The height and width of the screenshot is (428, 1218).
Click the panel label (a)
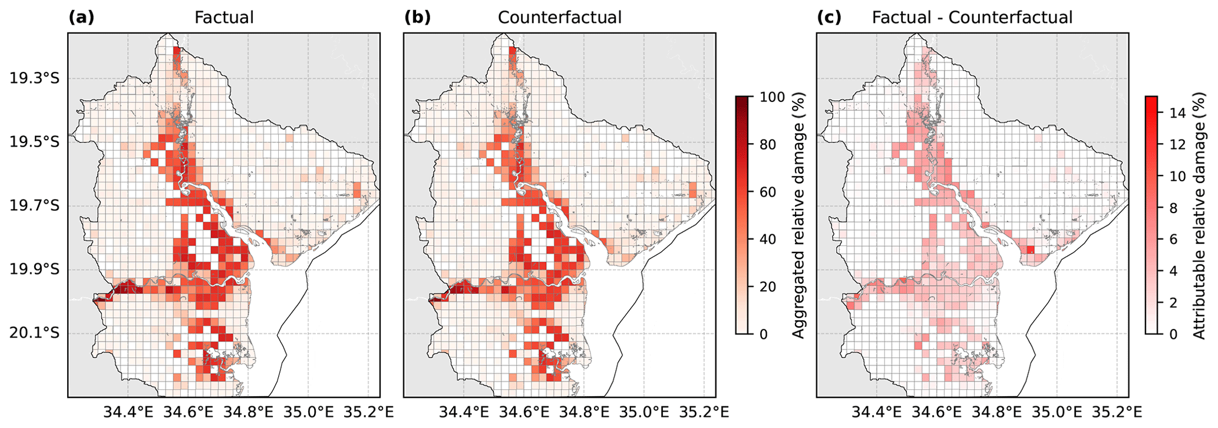pos(81,18)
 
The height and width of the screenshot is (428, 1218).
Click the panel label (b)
pos(417,18)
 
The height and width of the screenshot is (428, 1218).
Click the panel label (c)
pos(829,18)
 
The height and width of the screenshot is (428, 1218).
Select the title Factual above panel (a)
pos(224,18)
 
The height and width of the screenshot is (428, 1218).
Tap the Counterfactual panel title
pos(560,18)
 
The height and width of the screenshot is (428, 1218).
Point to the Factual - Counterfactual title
pos(972,18)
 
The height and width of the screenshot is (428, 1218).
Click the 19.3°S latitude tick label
pos(35,79)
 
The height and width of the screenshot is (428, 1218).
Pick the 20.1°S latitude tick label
pos(35,334)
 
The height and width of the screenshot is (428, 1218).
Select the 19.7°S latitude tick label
pos(35,207)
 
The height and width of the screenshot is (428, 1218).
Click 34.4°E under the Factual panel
pos(128,410)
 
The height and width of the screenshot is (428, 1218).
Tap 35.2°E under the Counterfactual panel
pos(704,410)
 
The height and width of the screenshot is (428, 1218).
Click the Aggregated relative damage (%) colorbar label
pos(798,215)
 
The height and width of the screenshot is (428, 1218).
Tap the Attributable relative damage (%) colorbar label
pos(1199,215)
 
